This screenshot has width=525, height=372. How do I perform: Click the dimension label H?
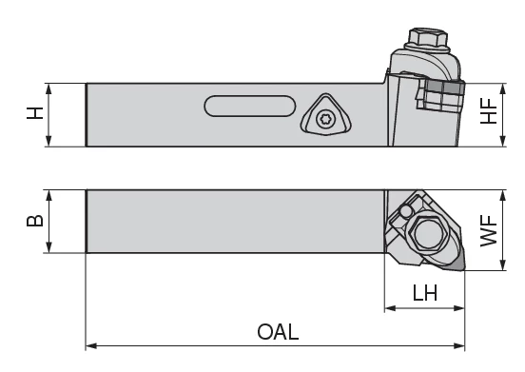(x=35, y=113)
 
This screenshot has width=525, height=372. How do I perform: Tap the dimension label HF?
(x=489, y=111)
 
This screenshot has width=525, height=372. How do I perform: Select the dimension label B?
(x=35, y=221)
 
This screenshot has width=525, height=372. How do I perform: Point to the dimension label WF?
(x=489, y=231)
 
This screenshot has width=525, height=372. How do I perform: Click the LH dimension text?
(x=425, y=293)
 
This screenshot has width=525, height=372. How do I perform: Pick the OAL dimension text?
(x=278, y=332)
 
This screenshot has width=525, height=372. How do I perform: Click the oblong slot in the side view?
(x=250, y=107)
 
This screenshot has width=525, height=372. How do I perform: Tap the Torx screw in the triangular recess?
(x=325, y=119)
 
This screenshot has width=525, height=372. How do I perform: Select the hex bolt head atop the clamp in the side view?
(x=428, y=38)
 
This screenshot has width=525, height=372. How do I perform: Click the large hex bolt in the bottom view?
(x=429, y=233)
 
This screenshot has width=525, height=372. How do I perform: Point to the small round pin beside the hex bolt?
(x=406, y=211)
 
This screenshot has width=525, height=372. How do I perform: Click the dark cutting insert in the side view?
(x=445, y=88)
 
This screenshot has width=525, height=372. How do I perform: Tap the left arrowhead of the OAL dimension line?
(x=91, y=345)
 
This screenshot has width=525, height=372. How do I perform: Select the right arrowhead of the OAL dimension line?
(x=459, y=345)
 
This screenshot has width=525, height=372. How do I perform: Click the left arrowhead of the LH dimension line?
(x=390, y=308)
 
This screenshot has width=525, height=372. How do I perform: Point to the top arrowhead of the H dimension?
(x=49, y=89)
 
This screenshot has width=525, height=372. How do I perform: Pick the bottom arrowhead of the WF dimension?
(x=502, y=264)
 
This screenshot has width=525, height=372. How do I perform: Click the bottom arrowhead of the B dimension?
(x=49, y=247)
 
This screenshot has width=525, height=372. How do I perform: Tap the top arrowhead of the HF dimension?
(x=502, y=89)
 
